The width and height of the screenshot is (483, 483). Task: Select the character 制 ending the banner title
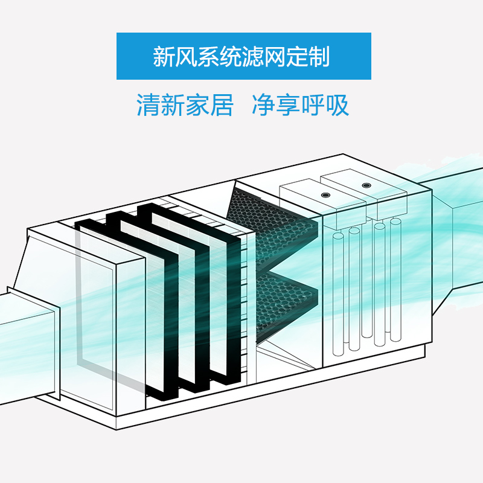(x=318, y=57)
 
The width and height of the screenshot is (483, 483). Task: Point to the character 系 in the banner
(x=209, y=57)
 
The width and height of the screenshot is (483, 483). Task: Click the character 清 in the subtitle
(x=149, y=105)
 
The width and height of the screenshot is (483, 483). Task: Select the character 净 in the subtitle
(x=263, y=105)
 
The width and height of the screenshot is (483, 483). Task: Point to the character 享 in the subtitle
(x=288, y=105)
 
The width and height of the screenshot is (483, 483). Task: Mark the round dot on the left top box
(x=326, y=195)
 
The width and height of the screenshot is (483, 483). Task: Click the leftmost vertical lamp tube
(x=338, y=290)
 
